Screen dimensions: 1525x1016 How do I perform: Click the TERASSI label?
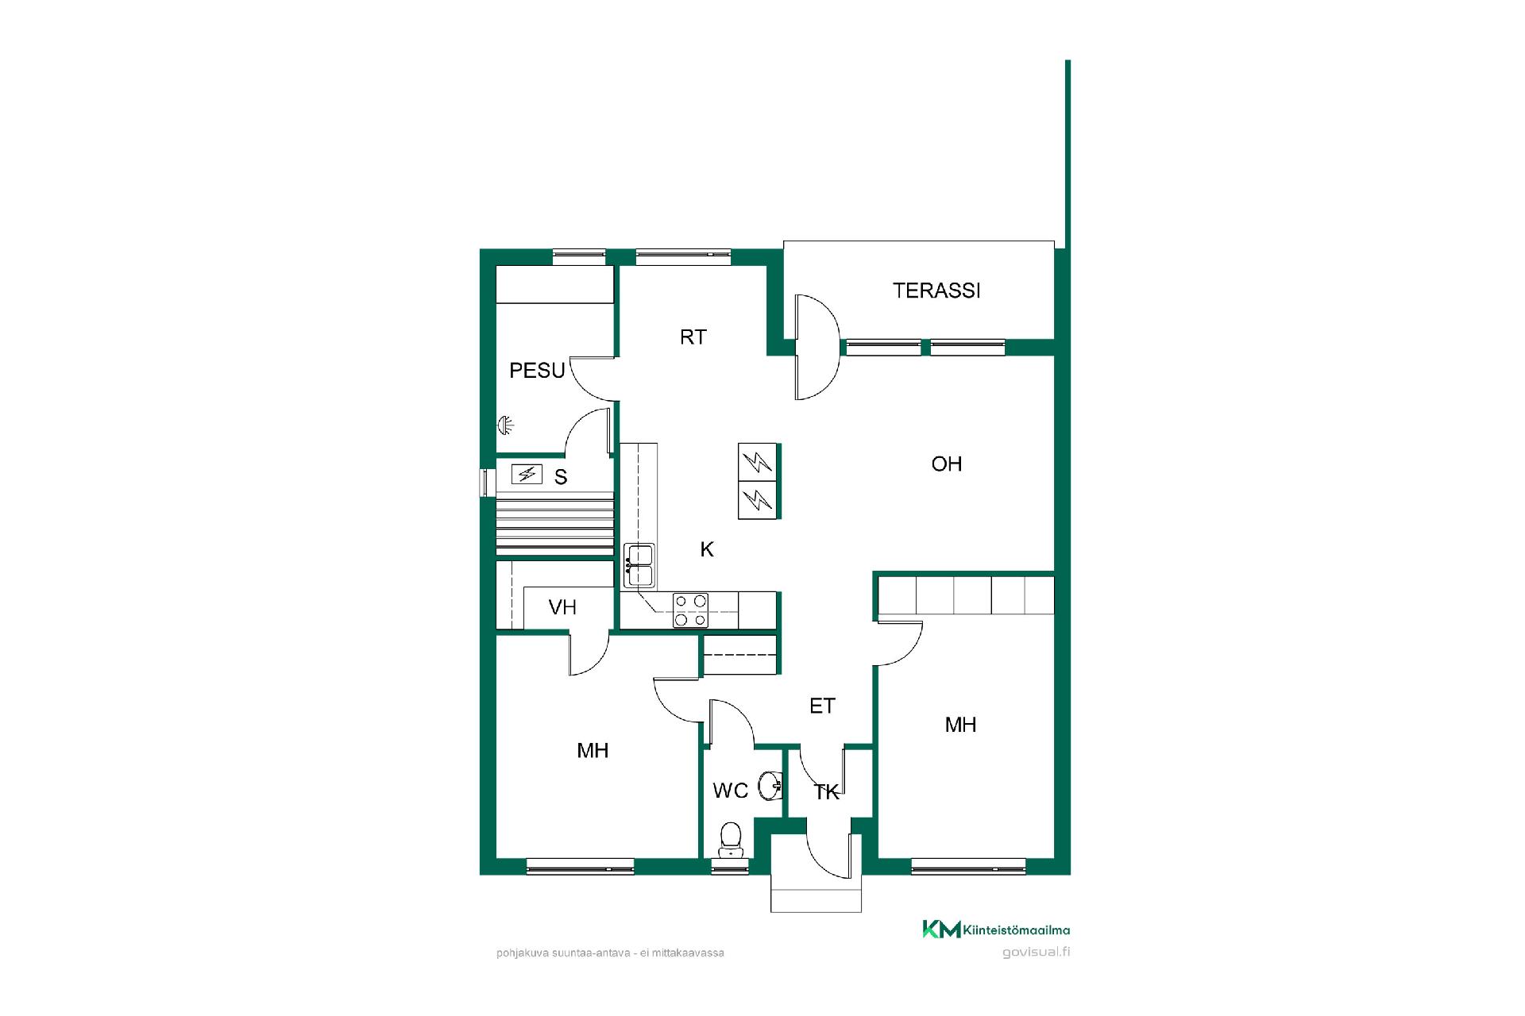point(936,291)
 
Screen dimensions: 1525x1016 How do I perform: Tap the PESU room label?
point(537,371)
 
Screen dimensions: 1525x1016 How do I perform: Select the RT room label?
point(693,337)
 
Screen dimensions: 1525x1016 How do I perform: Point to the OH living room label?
point(946,464)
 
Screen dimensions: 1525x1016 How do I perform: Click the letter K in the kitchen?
point(707,549)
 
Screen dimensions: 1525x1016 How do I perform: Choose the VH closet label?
point(562,608)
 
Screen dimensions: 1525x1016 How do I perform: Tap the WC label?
point(730,791)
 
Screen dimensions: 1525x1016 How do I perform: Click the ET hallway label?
point(822,706)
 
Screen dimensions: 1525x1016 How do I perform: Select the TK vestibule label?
point(827,792)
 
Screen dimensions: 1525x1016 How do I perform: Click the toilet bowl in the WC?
point(730,838)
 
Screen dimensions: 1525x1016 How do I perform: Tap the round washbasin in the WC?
point(770,786)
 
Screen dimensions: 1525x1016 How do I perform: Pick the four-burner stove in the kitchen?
point(690,610)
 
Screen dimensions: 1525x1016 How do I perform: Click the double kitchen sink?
point(639,565)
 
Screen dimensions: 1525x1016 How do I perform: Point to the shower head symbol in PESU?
point(505,425)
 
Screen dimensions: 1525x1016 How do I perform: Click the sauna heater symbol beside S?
point(526,475)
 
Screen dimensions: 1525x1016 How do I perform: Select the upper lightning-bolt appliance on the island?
point(758,462)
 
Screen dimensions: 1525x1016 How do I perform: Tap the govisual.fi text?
point(1036,952)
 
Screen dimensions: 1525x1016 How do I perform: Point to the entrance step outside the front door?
point(816,895)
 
